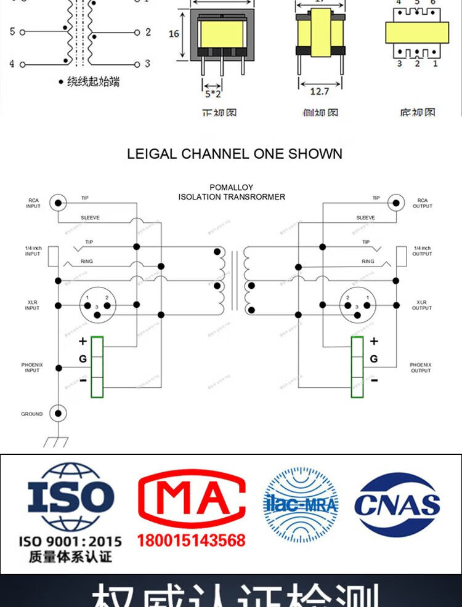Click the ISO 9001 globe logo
click(x=70, y=497)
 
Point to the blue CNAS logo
click(x=397, y=504)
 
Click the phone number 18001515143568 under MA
click(x=191, y=541)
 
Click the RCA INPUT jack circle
click(x=59, y=202)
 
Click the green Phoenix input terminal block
click(x=97, y=367)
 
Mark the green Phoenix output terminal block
click(x=357, y=367)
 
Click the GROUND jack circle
click(x=59, y=414)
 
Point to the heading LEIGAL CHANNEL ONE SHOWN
click(x=234, y=154)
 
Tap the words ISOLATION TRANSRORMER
click(x=232, y=197)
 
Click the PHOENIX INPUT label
click(x=32, y=368)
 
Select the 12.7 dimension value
click(x=319, y=92)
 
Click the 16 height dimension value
click(x=174, y=33)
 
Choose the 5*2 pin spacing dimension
click(x=213, y=94)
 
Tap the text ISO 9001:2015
click(x=70, y=542)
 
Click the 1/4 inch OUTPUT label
click(x=422, y=251)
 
